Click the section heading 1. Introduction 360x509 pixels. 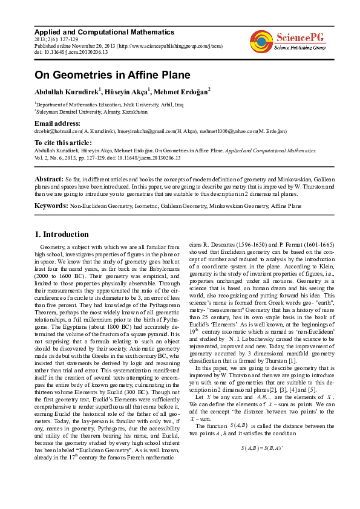(61, 235)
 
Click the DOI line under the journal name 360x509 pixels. (71, 52)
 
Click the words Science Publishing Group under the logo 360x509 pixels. (300, 47)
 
